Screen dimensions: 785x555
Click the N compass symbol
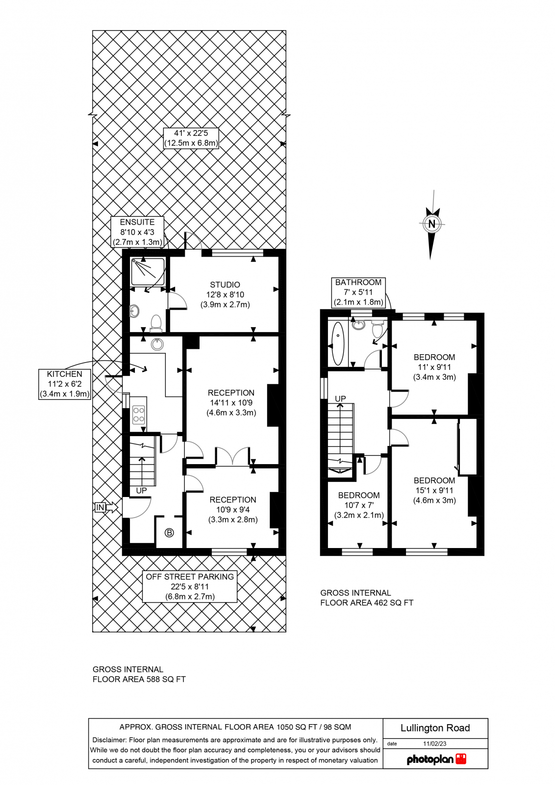pyautogui.click(x=431, y=224)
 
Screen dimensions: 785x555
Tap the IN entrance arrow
pyautogui.click(x=106, y=507)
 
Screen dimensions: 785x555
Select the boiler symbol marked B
pyautogui.click(x=169, y=532)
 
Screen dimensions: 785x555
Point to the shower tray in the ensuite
pyautogui.click(x=148, y=272)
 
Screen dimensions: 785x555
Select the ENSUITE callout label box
pyautogui.click(x=137, y=232)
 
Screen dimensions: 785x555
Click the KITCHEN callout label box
pyautogui.click(x=65, y=384)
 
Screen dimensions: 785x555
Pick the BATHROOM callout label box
pyautogui.click(x=358, y=292)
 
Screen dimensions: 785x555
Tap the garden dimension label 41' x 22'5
pyautogui.click(x=191, y=138)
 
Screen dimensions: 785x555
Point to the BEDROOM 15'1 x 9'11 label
pyautogui.click(x=434, y=490)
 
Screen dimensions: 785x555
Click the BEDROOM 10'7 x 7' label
pyautogui.click(x=359, y=505)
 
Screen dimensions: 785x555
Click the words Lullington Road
pyautogui.click(x=435, y=728)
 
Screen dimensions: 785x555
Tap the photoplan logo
pyautogui.click(x=436, y=759)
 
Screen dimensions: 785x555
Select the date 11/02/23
pyautogui.click(x=434, y=744)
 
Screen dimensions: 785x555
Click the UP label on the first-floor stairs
pyautogui.click(x=340, y=399)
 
